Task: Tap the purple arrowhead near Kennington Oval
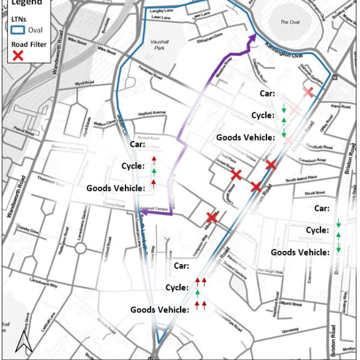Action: click(253, 38)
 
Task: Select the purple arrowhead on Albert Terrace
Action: click(145, 212)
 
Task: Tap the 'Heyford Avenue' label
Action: click(151, 112)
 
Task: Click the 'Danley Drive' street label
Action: click(27, 230)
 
